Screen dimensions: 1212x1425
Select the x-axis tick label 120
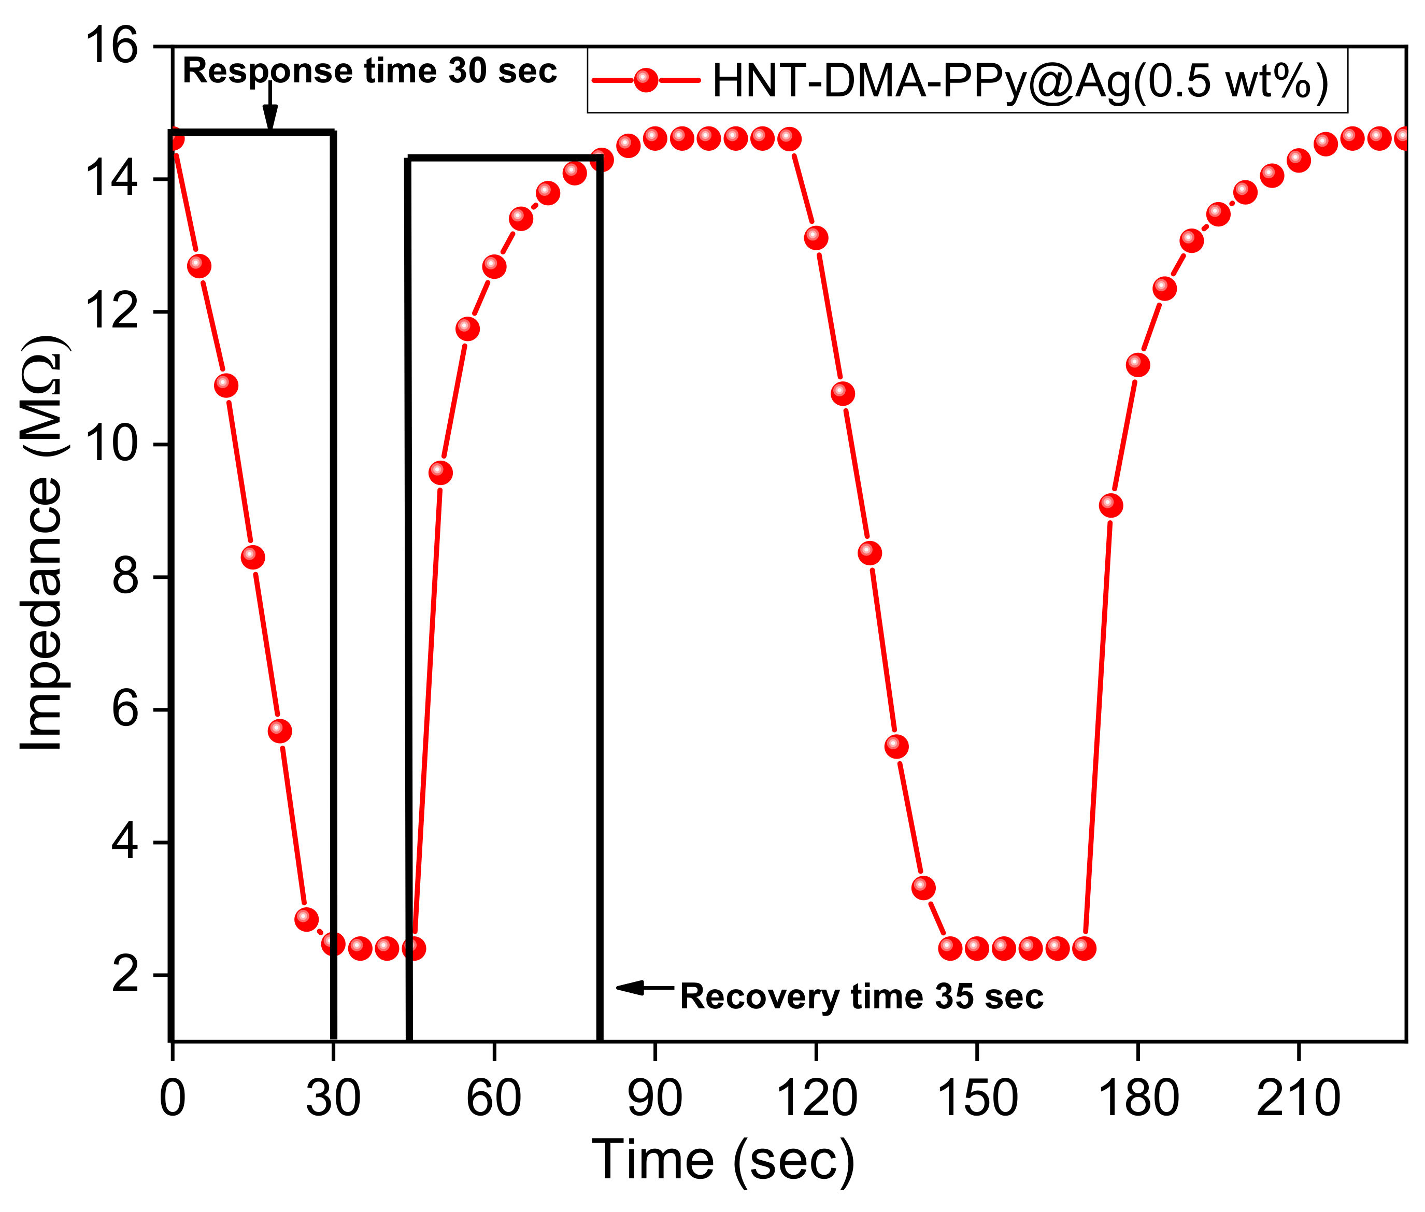[816, 1098]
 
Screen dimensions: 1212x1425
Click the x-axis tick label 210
[1298, 1098]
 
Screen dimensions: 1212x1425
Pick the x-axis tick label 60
[493, 1098]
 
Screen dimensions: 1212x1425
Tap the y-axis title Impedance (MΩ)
[42, 543]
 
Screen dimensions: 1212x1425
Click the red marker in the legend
[645, 80]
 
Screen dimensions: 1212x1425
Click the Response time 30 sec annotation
[369, 71]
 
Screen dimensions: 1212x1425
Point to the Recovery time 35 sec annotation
[861, 996]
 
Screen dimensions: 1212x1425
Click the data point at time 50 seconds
[440, 473]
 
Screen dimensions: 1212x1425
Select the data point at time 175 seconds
[1110, 506]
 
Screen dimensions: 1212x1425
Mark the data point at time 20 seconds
[279, 730]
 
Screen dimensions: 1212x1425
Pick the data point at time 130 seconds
[869, 552]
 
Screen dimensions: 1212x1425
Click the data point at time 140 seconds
[923, 888]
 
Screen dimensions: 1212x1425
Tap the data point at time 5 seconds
[198, 266]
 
